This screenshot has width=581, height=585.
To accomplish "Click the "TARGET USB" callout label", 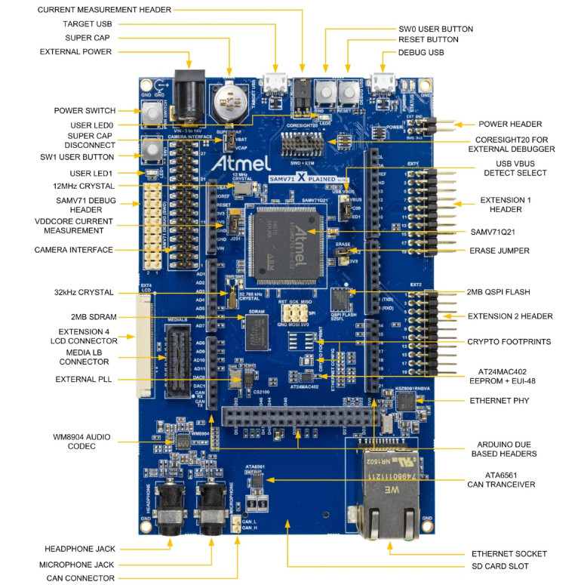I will (x=88, y=23).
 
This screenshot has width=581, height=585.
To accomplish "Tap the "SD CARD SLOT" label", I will (x=506, y=565).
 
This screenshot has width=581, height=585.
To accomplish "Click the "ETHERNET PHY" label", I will (x=500, y=400).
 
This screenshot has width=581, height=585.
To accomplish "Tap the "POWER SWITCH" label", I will (x=84, y=110).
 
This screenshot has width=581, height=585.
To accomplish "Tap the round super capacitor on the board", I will (x=227, y=103).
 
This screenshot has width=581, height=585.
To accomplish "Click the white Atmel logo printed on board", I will (x=240, y=163).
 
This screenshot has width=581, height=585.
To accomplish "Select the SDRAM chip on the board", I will (x=256, y=330).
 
